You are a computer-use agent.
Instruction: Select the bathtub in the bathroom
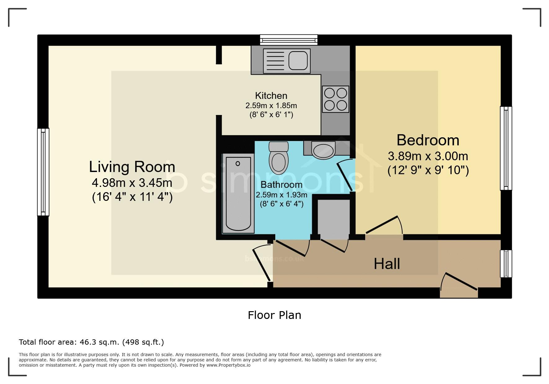[238, 193]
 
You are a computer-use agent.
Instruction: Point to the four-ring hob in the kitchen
[335, 99]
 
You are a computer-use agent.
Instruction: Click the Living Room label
[132, 167]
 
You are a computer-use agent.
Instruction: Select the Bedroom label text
[428, 140]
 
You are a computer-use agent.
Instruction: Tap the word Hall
[387, 264]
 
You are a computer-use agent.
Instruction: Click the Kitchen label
[271, 95]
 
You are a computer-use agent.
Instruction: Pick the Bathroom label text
[281, 185]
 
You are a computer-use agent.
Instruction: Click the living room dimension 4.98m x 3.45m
[132, 183]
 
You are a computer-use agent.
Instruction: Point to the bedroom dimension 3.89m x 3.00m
[428, 156]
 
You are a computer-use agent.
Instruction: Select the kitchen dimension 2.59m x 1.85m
[271, 106]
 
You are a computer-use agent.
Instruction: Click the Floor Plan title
[274, 315]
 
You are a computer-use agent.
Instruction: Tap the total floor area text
[91, 342]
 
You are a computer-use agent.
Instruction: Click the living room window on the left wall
[43, 172]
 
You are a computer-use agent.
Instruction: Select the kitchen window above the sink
[289, 40]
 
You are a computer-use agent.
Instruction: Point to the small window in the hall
[506, 264]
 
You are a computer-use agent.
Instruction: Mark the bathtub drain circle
[238, 163]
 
